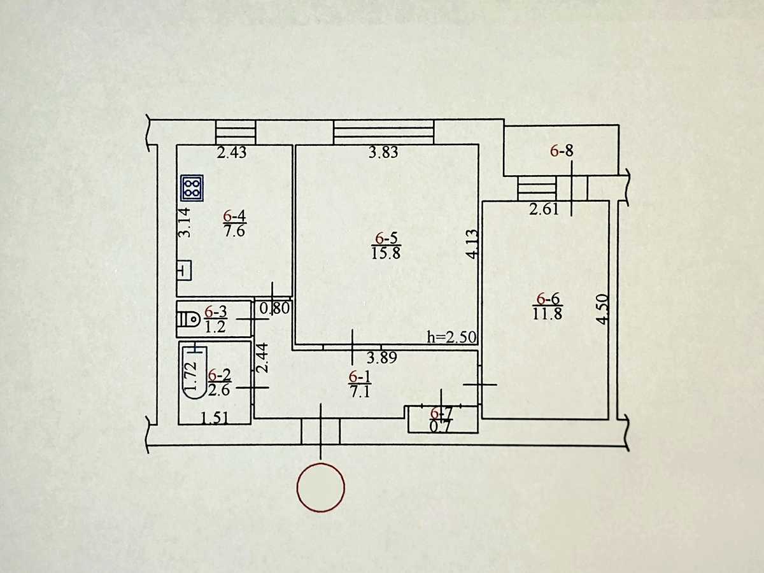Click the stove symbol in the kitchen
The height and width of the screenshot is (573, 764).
pyautogui.click(x=192, y=188)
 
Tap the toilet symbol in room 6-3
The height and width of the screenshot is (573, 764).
pyautogui.click(x=188, y=319)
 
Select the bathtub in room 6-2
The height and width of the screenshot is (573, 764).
pyautogui.click(x=194, y=372)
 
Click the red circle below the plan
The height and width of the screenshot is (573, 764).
pyautogui.click(x=321, y=487)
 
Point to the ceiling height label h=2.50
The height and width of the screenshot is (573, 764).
pyautogui.click(x=451, y=337)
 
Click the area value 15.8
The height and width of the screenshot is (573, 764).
pyautogui.click(x=386, y=253)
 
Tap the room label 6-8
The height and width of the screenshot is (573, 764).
pyautogui.click(x=562, y=151)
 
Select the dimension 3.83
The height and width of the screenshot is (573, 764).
pyautogui.click(x=383, y=152)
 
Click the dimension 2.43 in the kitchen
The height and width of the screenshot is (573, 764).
pyautogui.click(x=232, y=152)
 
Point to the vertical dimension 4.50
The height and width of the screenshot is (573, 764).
pyautogui.click(x=602, y=309)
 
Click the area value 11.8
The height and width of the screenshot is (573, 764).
pyautogui.click(x=547, y=314)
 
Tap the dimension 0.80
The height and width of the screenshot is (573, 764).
pyautogui.click(x=275, y=308)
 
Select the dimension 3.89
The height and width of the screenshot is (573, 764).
pyautogui.click(x=382, y=358)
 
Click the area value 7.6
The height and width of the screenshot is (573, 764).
pyautogui.click(x=234, y=230)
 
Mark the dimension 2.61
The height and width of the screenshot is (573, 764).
pyautogui.click(x=544, y=209)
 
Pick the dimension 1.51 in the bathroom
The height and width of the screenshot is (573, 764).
pyautogui.click(x=215, y=418)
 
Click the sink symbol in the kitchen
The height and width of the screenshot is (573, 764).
pyautogui.click(x=185, y=271)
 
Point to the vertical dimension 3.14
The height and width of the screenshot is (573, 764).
pyautogui.click(x=185, y=222)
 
